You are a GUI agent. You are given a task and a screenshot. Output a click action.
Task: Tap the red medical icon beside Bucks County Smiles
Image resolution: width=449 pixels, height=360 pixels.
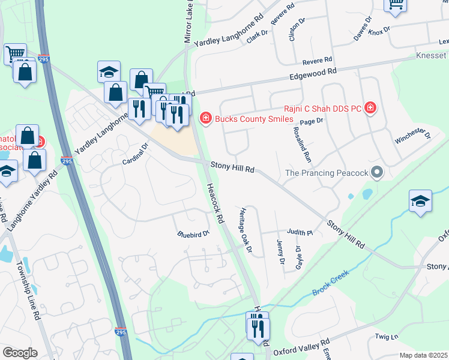pos(206,118)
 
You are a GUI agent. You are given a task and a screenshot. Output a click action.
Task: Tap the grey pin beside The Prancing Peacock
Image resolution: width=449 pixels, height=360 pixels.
pos(377,173)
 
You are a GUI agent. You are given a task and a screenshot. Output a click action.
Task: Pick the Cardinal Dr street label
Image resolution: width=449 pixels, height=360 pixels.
pos(135,155)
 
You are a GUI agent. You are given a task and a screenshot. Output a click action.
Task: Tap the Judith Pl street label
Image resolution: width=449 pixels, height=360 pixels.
pos(300,232)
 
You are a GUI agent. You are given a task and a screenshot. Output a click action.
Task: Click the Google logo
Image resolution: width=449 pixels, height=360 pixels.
pos(20,353)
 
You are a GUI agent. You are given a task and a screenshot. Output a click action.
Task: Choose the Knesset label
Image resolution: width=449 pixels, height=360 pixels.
pos(431,56)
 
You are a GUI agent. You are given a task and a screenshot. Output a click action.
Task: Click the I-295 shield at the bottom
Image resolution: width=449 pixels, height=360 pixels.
pos(120,331)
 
